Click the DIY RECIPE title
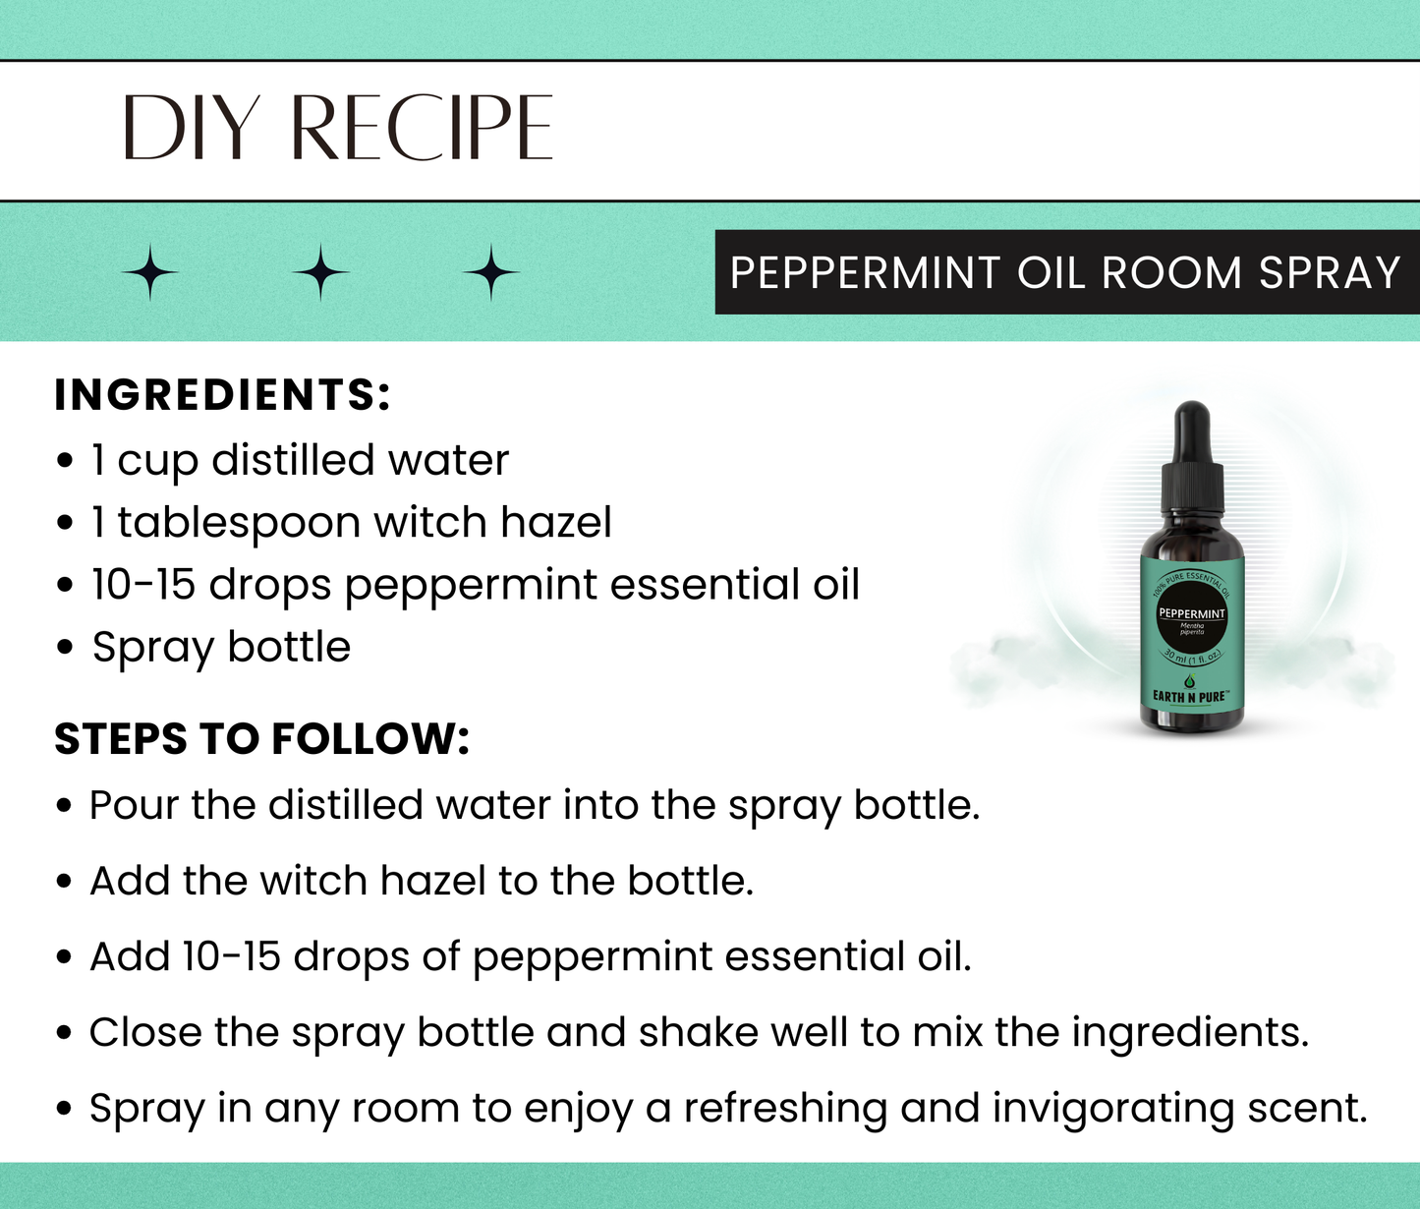pos(337,128)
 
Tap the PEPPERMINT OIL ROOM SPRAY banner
pos(1065,272)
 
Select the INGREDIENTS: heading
pos(223,395)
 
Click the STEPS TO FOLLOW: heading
pos(261,739)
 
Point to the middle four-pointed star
pos(320,272)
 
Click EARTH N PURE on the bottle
pos(1189,697)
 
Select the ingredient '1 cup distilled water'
pos(300,460)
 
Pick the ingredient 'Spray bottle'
pos(221,647)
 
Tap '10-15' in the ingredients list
pos(143,585)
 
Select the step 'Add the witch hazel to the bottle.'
pos(422,881)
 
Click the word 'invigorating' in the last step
pos(1112,1109)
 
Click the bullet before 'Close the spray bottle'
pos(65,1034)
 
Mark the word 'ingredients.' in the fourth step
pos(1189,1033)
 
